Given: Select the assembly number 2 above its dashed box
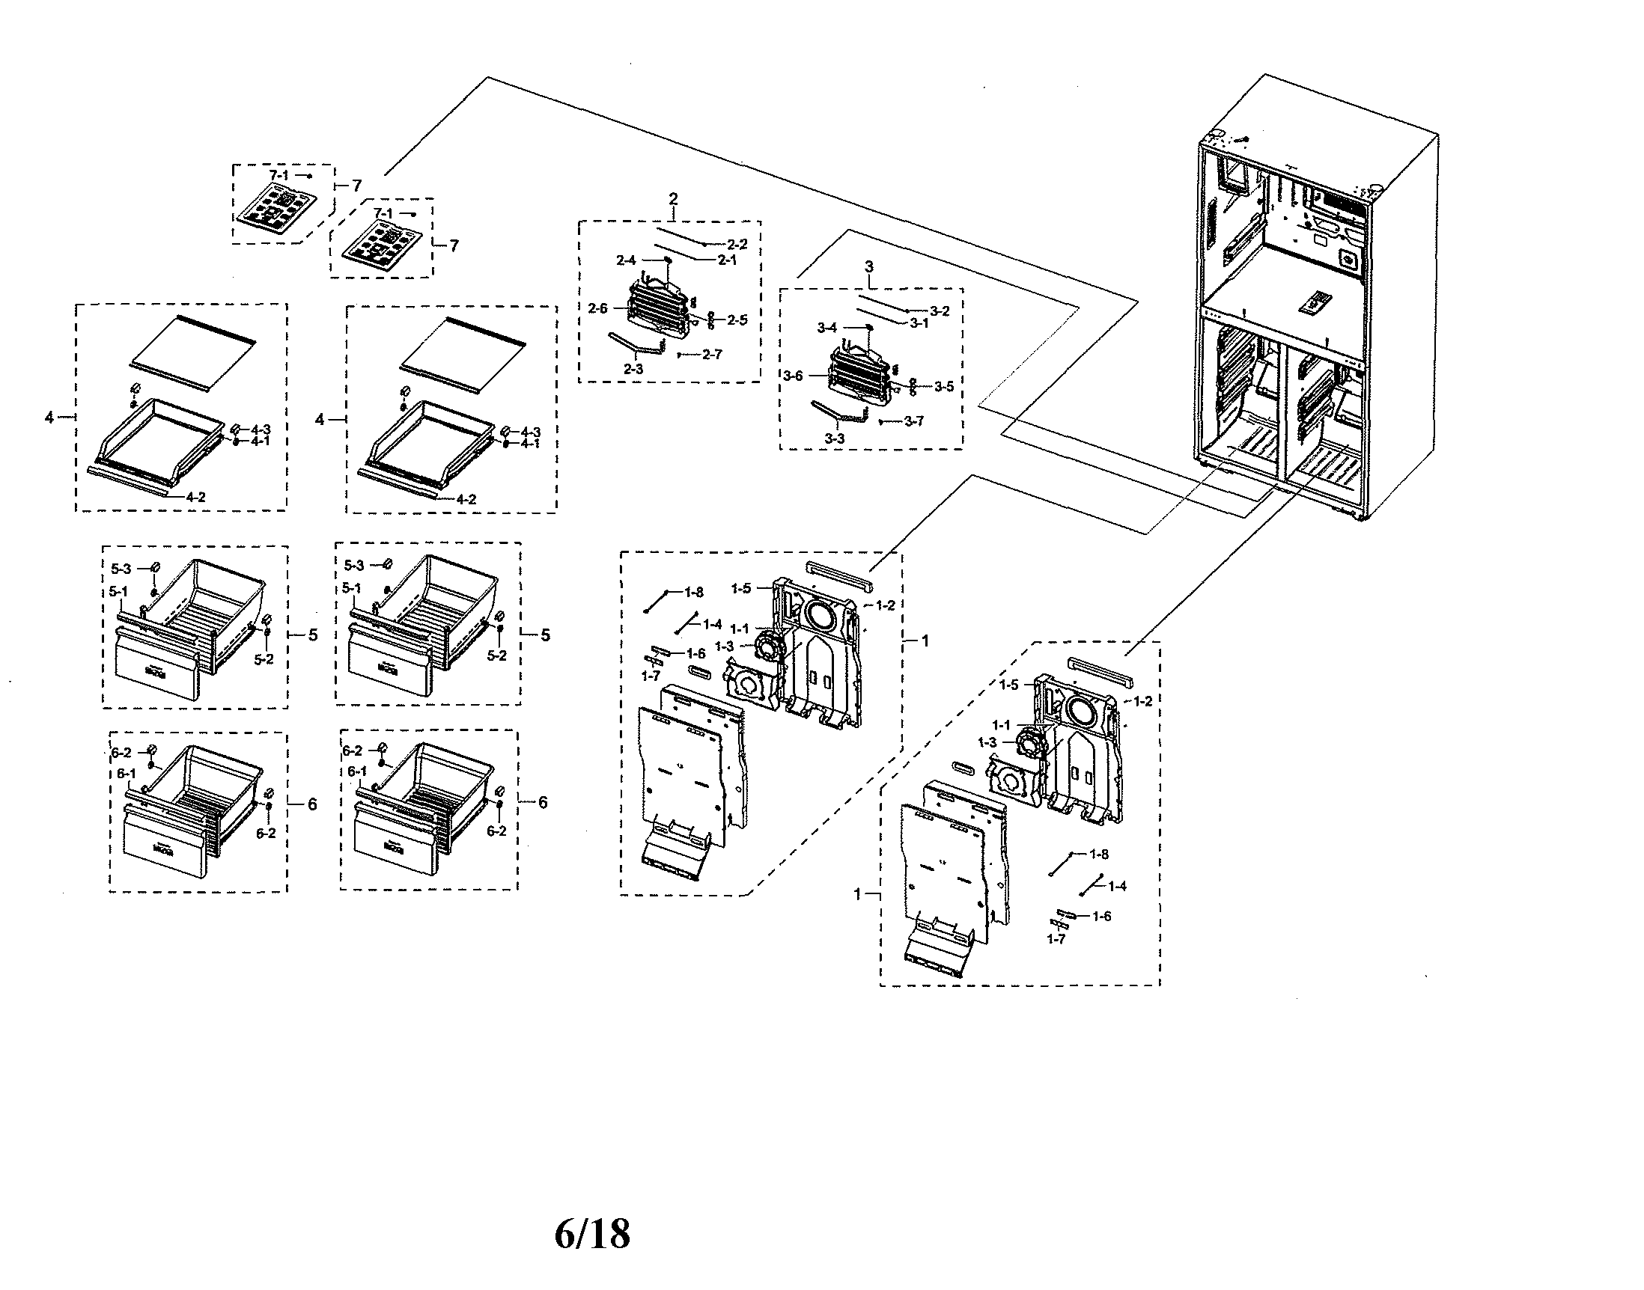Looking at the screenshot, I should [673, 199].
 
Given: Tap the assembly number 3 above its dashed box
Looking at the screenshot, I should [869, 266].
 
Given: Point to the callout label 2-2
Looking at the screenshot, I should [737, 245].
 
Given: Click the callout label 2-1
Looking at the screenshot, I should [726, 260].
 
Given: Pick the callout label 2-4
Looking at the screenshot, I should [626, 260].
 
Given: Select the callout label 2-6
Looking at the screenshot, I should [597, 308].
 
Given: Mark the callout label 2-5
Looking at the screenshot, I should [737, 320].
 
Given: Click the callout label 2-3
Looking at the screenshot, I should [633, 370].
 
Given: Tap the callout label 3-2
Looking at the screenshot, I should [939, 311].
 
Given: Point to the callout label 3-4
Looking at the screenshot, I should [827, 328].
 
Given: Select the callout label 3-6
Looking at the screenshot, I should [793, 376].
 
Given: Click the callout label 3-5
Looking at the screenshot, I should [943, 387].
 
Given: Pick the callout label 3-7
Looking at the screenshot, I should [913, 421].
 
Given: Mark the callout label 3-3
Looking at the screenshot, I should [834, 438].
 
